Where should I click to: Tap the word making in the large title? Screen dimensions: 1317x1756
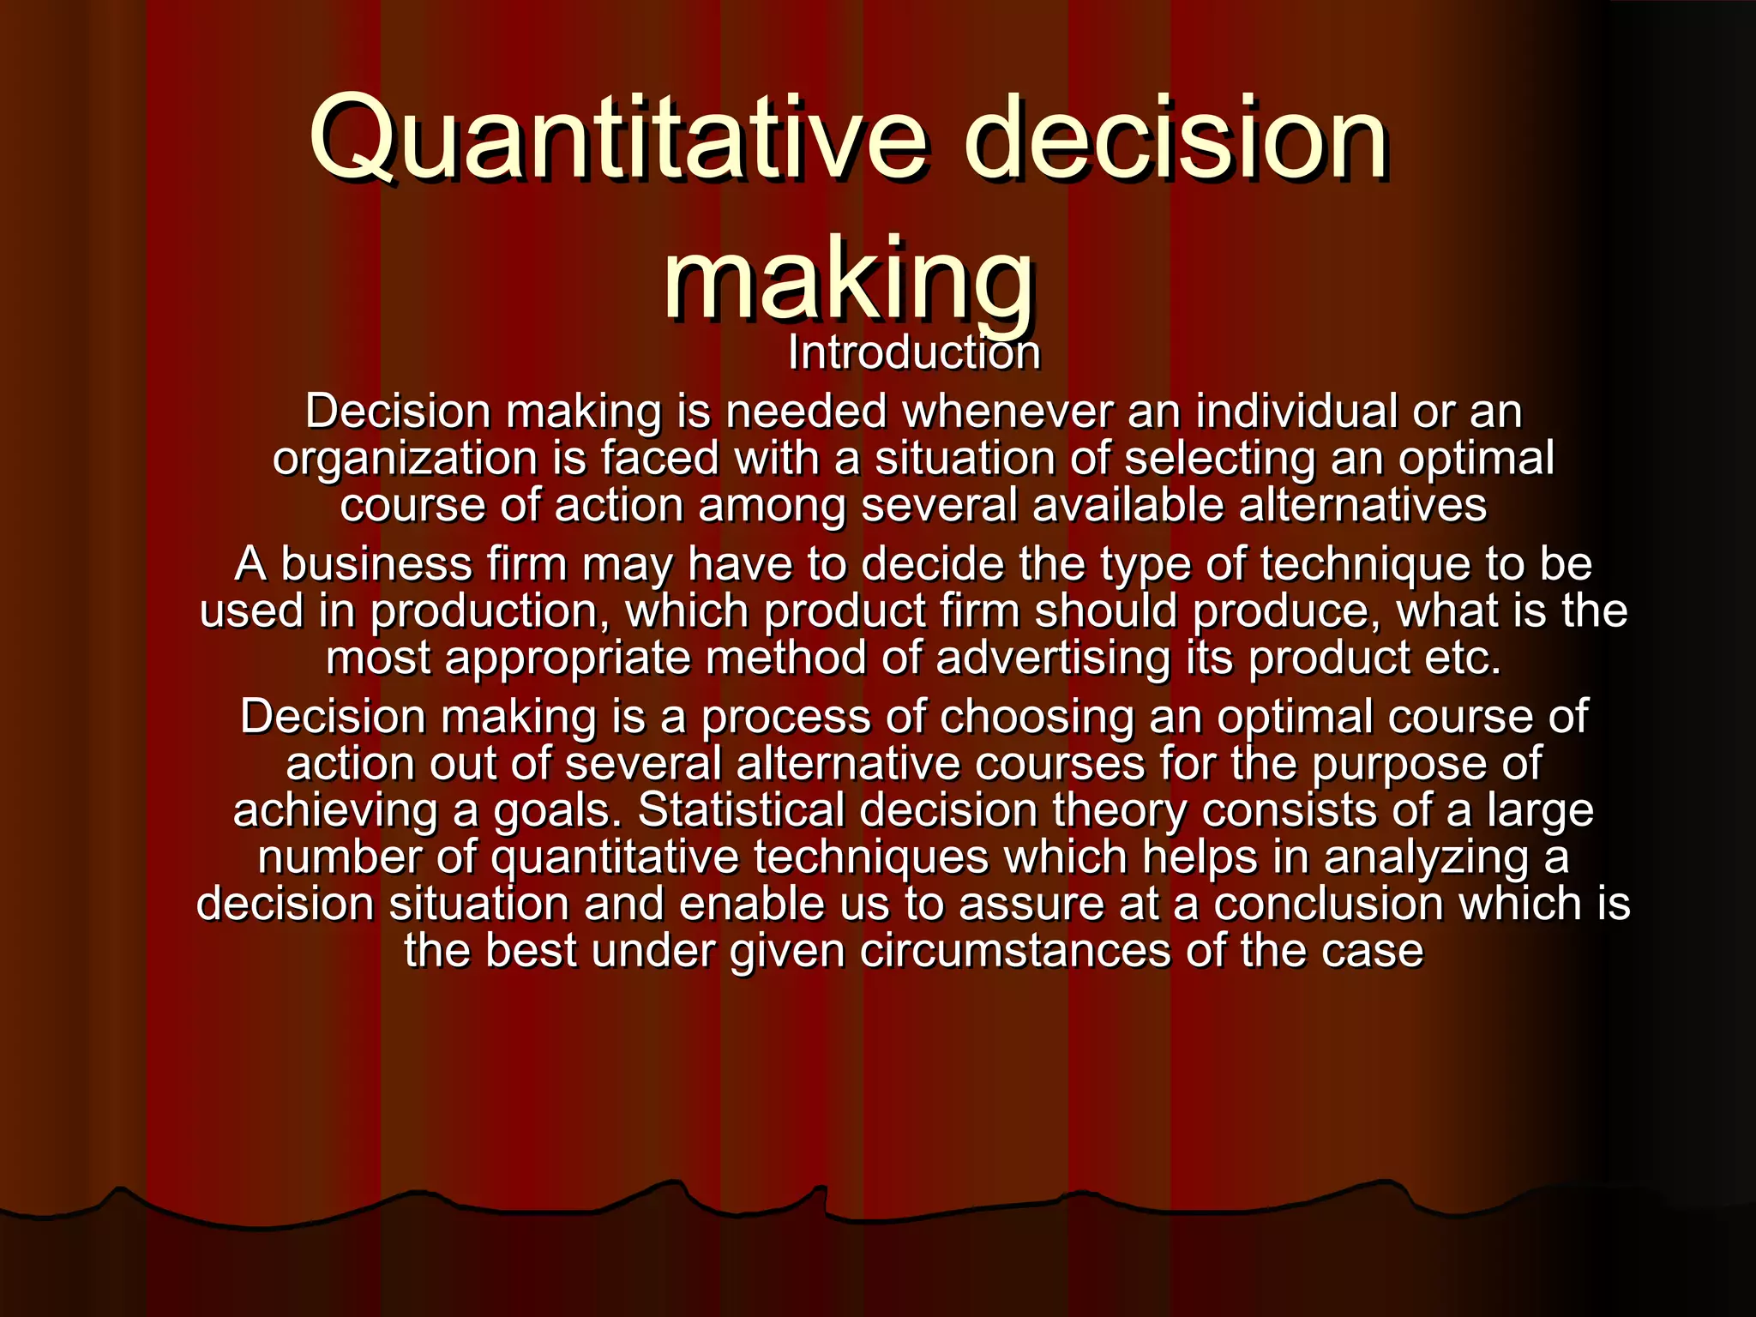tap(849, 279)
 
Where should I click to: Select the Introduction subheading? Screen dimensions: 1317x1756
tap(914, 352)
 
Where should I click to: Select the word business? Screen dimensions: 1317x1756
tap(376, 564)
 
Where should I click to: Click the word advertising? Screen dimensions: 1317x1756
tap(1053, 658)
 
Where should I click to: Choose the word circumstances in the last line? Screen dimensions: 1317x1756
tap(1015, 951)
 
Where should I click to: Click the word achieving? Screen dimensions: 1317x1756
tap(335, 811)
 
